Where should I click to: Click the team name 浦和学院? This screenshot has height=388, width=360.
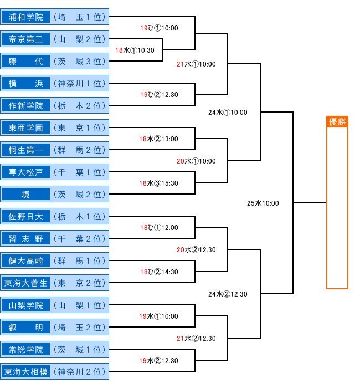point(25,17)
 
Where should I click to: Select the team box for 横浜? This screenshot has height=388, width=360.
point(25,83)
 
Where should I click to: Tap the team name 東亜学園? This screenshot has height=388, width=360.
point(25,127)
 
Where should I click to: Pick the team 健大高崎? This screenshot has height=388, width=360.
point(25,261)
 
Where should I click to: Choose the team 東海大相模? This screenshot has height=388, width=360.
point(25,371)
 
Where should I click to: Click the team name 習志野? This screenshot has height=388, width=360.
point(25,238)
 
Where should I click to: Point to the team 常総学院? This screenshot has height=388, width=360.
point(25,349)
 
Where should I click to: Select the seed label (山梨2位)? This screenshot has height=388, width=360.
point(80,39)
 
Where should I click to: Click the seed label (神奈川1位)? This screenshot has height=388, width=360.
point(80,83)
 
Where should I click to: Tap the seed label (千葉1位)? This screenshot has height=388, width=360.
point(80,172)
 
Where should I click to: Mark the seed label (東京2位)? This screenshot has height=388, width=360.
point(80,283)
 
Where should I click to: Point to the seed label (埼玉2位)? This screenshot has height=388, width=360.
point(80,327)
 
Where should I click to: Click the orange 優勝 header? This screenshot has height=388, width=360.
point(337,122)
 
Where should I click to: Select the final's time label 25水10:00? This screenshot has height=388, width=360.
point(263,203)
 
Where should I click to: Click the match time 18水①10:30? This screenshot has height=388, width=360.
point(135,50)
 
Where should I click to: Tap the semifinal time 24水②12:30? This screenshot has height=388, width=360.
point(228,294)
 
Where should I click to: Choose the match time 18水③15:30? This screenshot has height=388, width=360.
point(158,183)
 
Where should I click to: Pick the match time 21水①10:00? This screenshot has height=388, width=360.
point(196,64)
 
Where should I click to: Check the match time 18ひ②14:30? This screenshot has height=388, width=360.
point(160,272)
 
